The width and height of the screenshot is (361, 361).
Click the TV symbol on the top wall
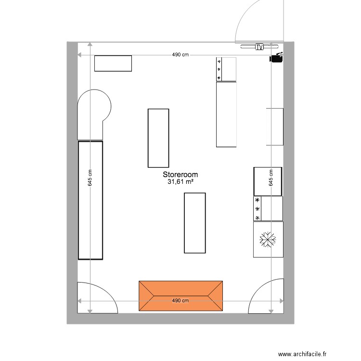259,47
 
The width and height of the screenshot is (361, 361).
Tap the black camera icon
276,58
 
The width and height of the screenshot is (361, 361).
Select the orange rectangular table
180,296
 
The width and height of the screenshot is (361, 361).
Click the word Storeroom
180,175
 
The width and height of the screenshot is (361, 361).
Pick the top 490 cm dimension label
180,55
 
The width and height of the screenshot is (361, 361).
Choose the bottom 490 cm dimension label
180,301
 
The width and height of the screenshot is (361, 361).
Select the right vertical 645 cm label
271,178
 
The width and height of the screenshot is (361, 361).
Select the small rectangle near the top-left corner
113,64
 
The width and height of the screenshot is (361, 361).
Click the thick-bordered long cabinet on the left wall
90,200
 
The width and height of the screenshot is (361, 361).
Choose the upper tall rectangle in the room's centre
158,138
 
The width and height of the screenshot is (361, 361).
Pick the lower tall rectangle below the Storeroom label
195,223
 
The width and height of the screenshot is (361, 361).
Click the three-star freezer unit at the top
226,69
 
